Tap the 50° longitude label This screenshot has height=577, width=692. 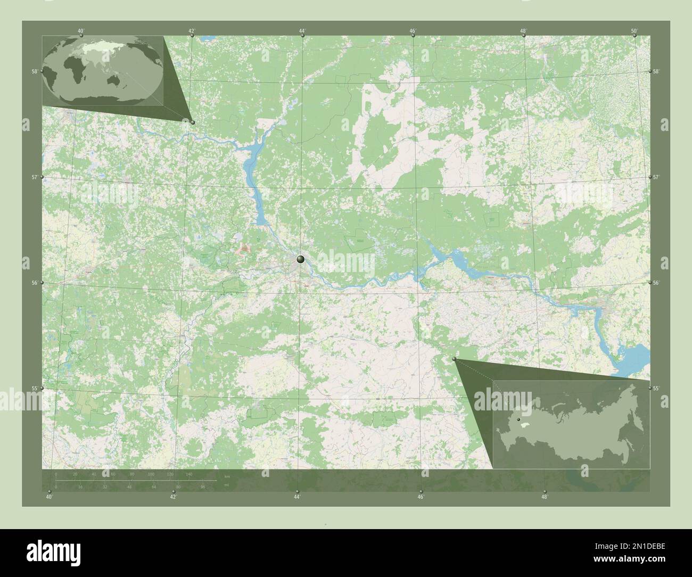634,31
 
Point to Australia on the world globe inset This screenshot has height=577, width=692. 113,80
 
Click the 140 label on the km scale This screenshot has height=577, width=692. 188,474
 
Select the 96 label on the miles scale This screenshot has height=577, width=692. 203,487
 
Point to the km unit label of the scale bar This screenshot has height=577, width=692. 227,475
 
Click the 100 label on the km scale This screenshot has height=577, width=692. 151,474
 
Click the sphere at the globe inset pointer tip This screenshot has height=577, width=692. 192,122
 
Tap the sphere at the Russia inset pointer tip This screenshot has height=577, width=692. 454,360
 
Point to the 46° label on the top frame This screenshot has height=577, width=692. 413,31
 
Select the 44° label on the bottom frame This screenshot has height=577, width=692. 297,497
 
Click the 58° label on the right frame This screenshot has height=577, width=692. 656,71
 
